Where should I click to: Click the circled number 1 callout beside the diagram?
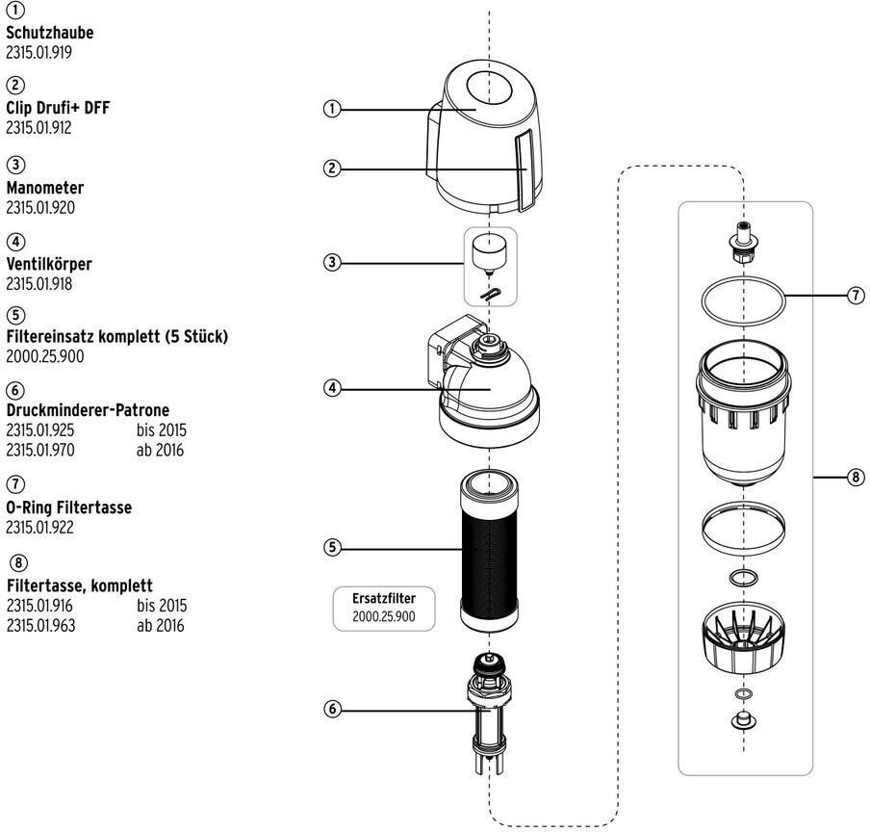(332, 109)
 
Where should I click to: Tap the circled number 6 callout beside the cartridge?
(332, 709)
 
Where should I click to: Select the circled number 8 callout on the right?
(857, 477)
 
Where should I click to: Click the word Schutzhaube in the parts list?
(50, 33)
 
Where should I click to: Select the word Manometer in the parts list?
(45, 188)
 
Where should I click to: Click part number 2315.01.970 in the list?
(40, 449)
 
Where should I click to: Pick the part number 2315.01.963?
(40, 626)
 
